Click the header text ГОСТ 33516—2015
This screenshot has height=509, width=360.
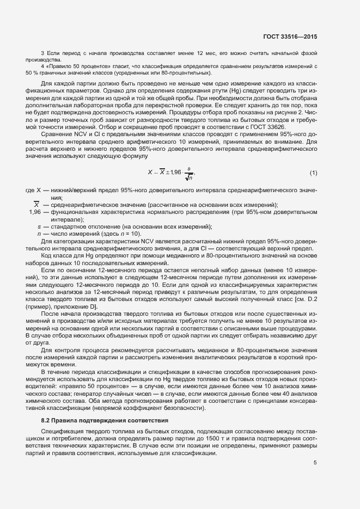point(288,36)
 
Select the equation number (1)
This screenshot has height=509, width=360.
point(313,173)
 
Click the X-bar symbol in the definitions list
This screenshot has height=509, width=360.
point(36,205)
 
